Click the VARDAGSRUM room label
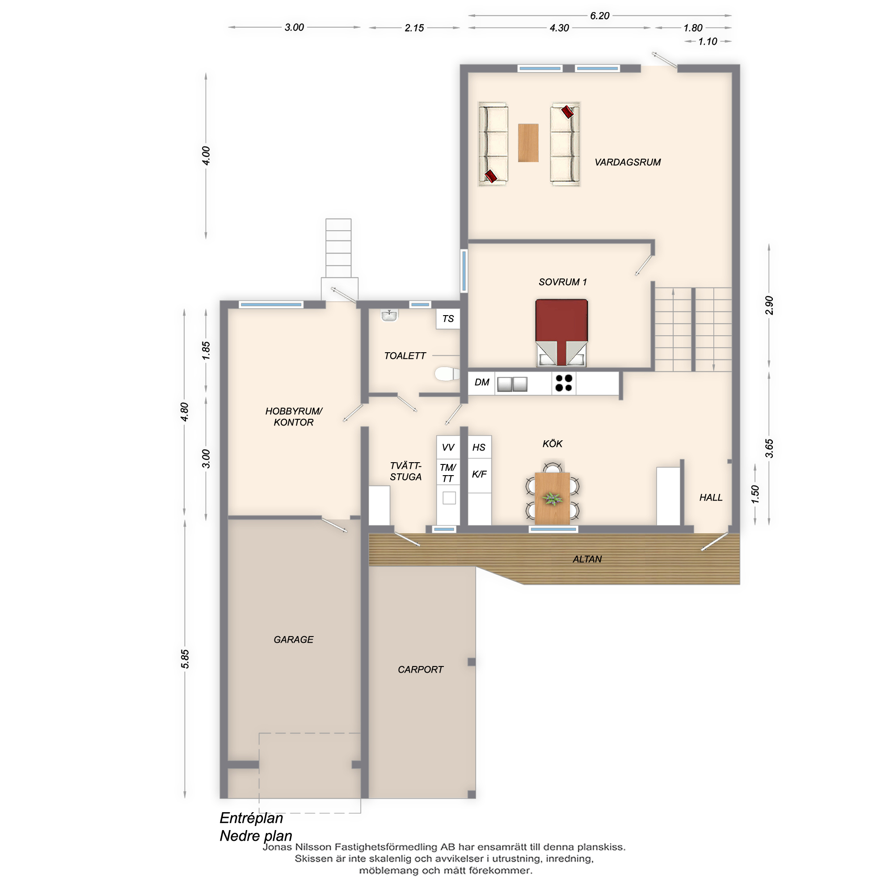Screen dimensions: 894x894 coord(628,162)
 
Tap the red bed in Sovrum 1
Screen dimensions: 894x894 coord(561,333)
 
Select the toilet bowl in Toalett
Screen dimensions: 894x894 coord(447,373)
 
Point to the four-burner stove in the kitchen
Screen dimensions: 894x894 coord(564,383)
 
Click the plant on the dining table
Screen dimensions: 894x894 coord(552,498)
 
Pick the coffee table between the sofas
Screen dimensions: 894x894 coord(528,143)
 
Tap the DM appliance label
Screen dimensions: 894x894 coord(482,382)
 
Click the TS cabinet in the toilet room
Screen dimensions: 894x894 coord(448,319)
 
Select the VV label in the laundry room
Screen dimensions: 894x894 coord(448,447)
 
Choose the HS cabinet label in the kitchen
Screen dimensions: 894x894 coord(479,447)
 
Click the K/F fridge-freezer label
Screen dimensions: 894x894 coord(479,474)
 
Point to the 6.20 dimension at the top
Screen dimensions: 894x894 coord(600,16)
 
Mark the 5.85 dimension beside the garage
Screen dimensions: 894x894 coord(185,659)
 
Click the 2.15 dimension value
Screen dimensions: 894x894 coord(414,28)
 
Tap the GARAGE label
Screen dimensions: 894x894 coord(293,640)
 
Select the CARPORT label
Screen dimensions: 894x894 coord(420,670)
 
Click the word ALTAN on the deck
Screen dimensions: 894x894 coord(587,560)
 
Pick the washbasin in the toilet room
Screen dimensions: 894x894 coord(390,316)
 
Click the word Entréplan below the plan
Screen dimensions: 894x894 coord(251,818)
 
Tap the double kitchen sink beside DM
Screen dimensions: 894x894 coord(512,384)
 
